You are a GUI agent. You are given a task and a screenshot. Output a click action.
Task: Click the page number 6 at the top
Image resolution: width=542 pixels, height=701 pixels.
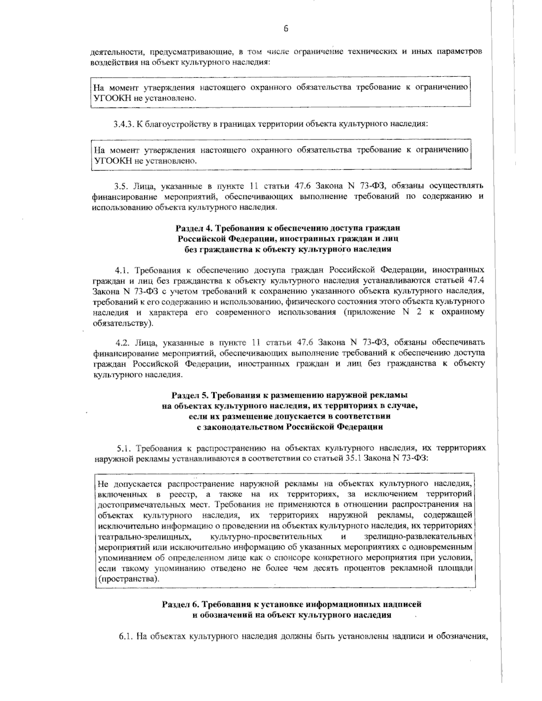pyautogui.click(x=286, y=29)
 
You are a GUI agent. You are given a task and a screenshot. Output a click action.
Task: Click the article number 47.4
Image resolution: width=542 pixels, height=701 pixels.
pyautogui.click(x=477, y=280)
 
